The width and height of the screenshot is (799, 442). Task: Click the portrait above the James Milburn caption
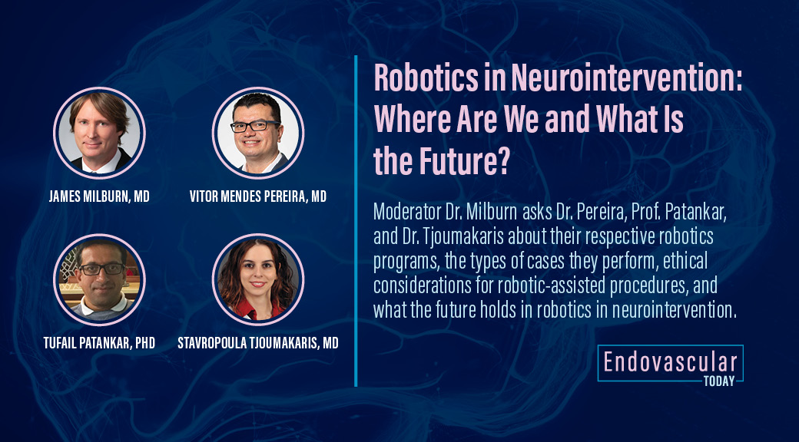pyautogui.click(x=99, y=133)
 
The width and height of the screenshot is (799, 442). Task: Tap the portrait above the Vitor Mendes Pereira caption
pyautogui.click(x=258, y=133)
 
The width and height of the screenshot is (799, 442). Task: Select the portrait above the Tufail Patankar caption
pyautogui.click(x=99, y=279)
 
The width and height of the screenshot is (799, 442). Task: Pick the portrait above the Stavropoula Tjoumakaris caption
pyautogui.click(x=258, y=279)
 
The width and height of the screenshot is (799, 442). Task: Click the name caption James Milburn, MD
pyautogui.click(x=99, y=196)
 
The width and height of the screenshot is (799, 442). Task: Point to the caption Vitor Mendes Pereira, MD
pyautogui.click(x=258, y=196)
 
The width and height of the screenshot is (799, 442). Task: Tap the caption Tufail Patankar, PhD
pyautogui.click(x=99, y=343)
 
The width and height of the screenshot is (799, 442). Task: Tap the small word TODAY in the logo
pyautogui.click(x=718, y=381)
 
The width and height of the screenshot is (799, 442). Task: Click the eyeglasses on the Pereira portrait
pyautogui.click(x=257, y=125)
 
